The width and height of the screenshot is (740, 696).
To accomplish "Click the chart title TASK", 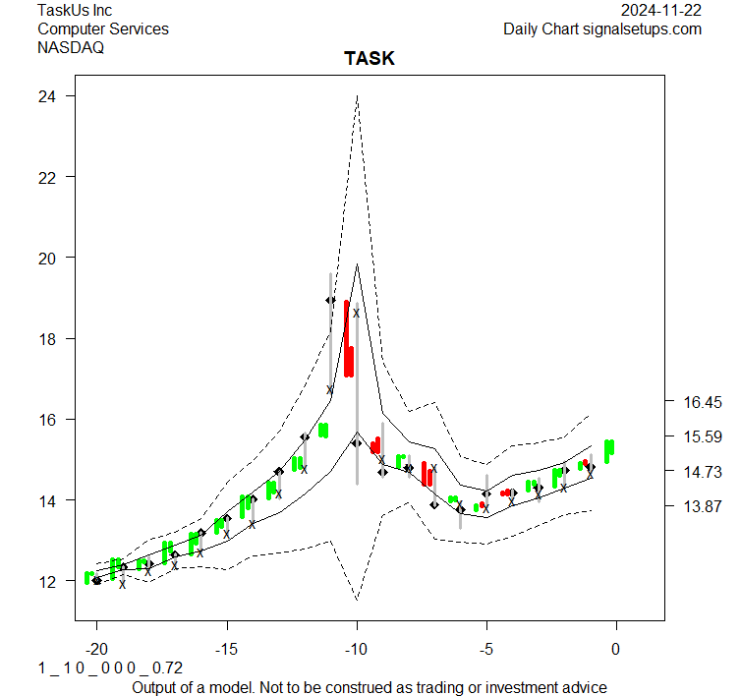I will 369,59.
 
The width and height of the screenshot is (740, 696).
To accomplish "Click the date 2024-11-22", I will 661,10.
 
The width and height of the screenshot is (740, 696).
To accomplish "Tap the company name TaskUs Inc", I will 75,10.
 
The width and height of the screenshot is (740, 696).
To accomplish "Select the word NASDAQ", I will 71,47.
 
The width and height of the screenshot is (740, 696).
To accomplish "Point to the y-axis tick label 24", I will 45,96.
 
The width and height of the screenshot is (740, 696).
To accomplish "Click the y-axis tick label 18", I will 45,339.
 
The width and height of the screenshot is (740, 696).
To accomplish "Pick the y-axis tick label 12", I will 45,581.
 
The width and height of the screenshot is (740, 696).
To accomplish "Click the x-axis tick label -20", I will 96,650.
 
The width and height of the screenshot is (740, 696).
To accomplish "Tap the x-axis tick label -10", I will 356,650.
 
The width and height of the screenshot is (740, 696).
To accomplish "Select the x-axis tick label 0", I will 616,650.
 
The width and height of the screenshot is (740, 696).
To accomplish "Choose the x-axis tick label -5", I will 485,650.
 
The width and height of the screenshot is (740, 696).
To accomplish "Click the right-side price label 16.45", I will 703,402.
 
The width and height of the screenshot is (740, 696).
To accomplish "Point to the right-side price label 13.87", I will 703,507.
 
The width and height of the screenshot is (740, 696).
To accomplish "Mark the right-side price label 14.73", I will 703,472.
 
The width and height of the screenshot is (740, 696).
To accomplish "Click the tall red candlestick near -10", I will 348,339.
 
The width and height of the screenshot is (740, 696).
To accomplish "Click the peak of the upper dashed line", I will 357,96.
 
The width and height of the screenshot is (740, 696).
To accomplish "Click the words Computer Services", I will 103,29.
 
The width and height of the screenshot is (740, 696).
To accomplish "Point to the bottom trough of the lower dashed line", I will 357,598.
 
